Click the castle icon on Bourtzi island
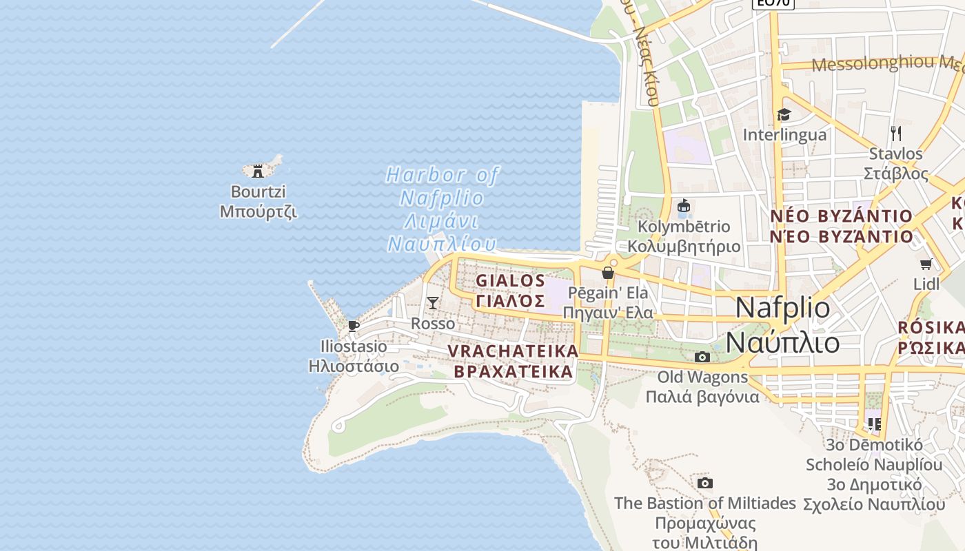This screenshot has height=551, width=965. click(x=258, y=170)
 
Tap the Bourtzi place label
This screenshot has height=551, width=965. click(x=258, y=202)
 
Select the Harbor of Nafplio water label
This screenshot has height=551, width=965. click(x=442, y=209)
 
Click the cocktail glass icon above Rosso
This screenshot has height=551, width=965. click(x=432, y=302)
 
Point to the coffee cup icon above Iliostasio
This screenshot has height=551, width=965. click(x=354, y=326)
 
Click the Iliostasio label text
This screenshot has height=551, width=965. click(x=354, y=355)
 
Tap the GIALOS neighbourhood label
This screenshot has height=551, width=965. click(x=511, y=291)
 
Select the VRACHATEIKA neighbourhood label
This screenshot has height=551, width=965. click(x=514, y=361)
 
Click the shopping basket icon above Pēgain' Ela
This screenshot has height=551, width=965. click(x=607, y=273)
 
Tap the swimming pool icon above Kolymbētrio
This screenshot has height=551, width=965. click(x=684, y=206)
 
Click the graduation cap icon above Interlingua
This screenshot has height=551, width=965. click(x=784, y=114)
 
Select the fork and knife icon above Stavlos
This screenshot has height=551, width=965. click(x=895, y=133)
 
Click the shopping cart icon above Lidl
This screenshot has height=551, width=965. click(x=926, y=264)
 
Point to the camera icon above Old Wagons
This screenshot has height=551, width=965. click(x=702, y=357)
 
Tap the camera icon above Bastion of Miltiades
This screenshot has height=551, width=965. click(x=704, y=483)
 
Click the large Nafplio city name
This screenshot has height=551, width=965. click(x=783, y=324)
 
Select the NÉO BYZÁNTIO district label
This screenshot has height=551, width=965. click(x=841, y=226)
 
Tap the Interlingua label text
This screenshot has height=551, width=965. click(x=784, y=134)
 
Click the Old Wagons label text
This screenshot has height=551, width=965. click(x=702, y=386)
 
